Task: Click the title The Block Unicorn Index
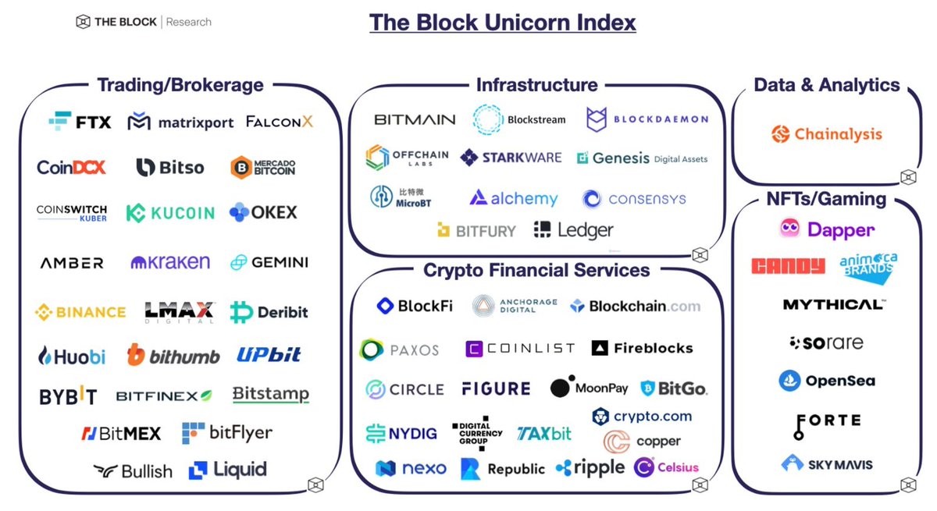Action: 502,22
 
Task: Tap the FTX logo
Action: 80,122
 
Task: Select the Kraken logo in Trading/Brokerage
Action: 170,263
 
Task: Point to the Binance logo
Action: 80,312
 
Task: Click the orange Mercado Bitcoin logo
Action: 263,167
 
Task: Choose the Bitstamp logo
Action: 271,395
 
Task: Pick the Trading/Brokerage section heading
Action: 180,85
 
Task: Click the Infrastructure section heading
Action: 536,85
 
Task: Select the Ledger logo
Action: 574,230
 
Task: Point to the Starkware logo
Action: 511,158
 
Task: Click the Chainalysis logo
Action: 826,134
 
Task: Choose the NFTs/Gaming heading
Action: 826,199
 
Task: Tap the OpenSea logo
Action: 827,381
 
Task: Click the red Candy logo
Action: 788,267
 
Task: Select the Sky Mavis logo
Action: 827,464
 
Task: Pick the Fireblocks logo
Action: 643,349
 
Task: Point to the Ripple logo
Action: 590,468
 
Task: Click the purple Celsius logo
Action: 667,468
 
